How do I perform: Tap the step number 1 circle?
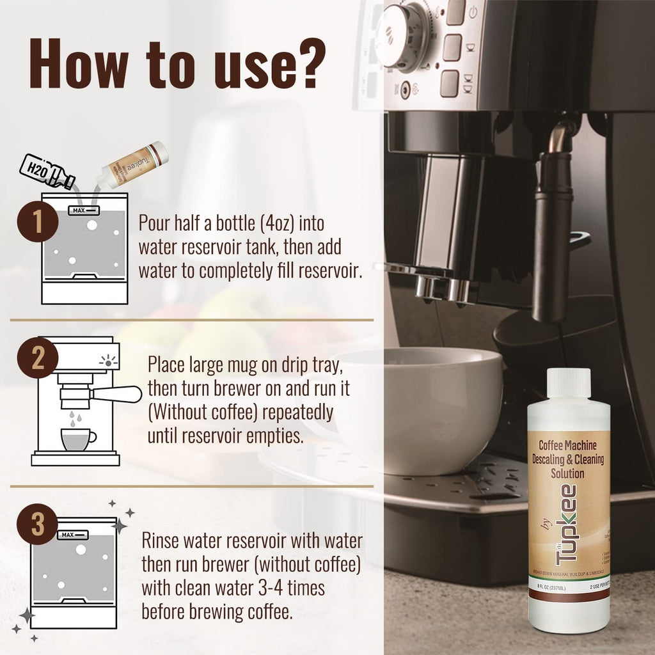37,221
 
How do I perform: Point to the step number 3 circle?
37,525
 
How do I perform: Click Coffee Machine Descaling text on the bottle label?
569,451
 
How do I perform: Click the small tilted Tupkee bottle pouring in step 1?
136,165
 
